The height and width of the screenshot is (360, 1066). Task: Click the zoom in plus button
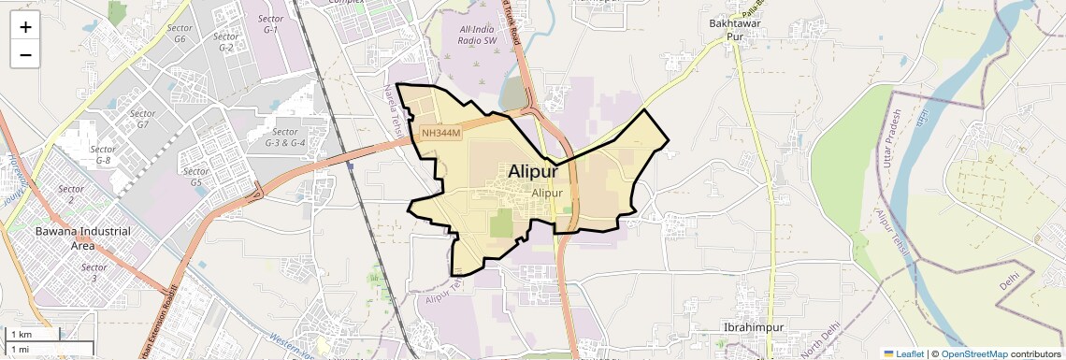pyautogui.click(x=25, y=26)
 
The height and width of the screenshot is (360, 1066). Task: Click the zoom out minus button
pyautogui.click(x=25, y=54)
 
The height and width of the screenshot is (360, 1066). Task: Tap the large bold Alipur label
pyautogui.click(x=533, y=172)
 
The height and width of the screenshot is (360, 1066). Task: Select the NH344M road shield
pyautogui.click(x=439, y=134)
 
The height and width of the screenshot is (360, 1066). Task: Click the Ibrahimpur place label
pyautogui.click(x=754, y=327)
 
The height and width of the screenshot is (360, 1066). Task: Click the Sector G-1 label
pyautogui.click(x=271, y=24)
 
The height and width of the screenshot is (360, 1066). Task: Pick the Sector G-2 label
pyautogui.click(x=225, y=42)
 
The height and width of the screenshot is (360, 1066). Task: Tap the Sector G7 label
pyautogui.click(x=142, y=119)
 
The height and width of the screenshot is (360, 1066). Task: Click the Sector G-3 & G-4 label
pyautogui.click(x=285, y=137)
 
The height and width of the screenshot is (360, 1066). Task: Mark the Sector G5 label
pyautogui.click(x=196, y=177)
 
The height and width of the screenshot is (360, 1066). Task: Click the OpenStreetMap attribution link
pyautogui.click(x=973, y=353)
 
